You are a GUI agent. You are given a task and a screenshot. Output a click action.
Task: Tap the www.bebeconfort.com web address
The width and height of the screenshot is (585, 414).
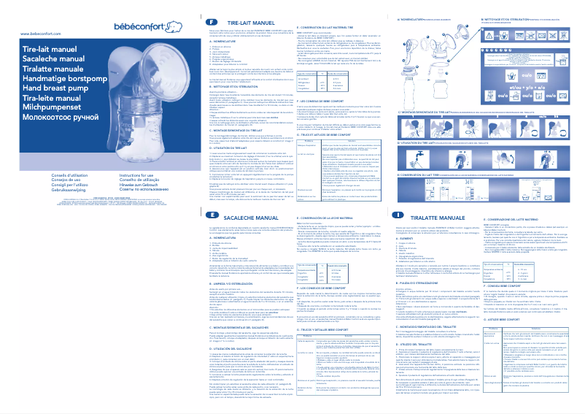tap(34, 34)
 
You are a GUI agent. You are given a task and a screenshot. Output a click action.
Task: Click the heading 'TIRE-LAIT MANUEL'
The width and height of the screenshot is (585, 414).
tap(230, 24)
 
